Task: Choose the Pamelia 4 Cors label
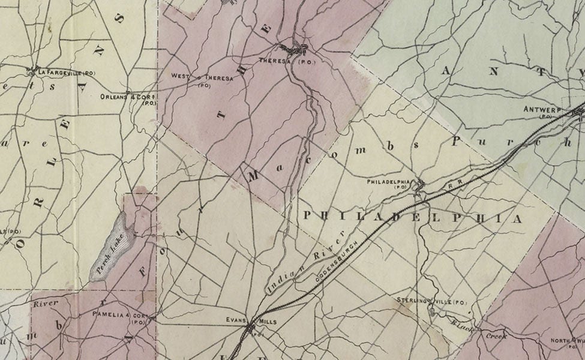(x=119, y=315)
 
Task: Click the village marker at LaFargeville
(x=31, y=72)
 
